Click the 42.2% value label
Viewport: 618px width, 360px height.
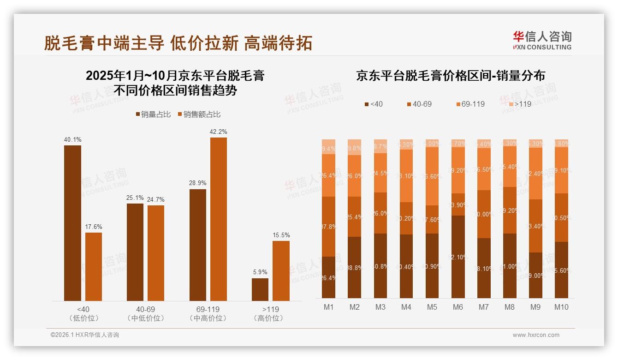(x=218, y=132)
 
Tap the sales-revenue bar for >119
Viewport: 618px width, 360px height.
(x=281, y=271)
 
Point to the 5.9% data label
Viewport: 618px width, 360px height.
(x=260, y=272)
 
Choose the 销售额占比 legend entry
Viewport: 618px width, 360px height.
(x=199, y=114)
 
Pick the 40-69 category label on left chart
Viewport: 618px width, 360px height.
(x=145, y=309)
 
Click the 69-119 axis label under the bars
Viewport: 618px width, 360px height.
(x=208, y=309)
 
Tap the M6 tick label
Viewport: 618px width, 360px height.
(x=458, y=307)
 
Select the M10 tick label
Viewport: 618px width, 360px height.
(x=561, y=307)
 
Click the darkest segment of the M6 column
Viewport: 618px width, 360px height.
(x=458, y=257)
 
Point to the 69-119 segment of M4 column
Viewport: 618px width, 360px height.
(x=406, y=176)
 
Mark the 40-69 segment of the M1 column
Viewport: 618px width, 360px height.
(x=328, y=226)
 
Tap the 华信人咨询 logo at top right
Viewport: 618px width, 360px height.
(x=542, y=40)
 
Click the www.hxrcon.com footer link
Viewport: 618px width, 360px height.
(x=536, y=335)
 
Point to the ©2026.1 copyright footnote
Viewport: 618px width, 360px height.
(x=85, y=335)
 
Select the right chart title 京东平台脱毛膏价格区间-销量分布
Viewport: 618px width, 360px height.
(x=450, y=76)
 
